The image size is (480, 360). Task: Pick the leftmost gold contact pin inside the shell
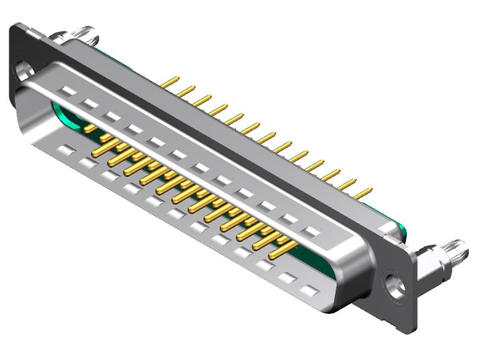[91, 128]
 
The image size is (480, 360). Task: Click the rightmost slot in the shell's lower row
[311, 290]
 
